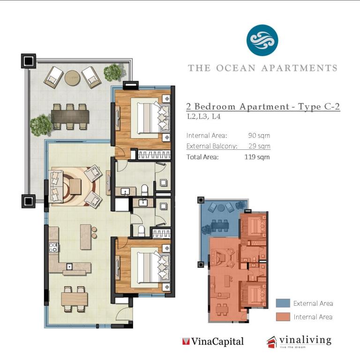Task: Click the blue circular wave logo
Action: pos(262,40)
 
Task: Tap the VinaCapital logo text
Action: pos(213,341)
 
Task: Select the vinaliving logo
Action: pos(299,342)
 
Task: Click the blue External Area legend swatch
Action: pos(283,303)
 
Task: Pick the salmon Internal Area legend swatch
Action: pos(283,317)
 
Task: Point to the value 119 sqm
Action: pos(257,157)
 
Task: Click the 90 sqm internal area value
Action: pos(259,135)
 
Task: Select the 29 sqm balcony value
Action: pos(259,146)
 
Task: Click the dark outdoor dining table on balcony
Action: pos(70,117)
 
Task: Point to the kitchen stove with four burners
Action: pos(53,248)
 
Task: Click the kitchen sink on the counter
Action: pos(69,266)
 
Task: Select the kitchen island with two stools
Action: pos(86,237)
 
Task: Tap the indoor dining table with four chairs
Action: pos(75,299)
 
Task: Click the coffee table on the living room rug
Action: pos(75,186)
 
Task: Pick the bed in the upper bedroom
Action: pos(150,118)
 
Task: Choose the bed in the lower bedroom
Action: pos(150,267)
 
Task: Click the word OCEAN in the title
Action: pos(236,68)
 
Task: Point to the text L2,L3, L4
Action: pos(204,117)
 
